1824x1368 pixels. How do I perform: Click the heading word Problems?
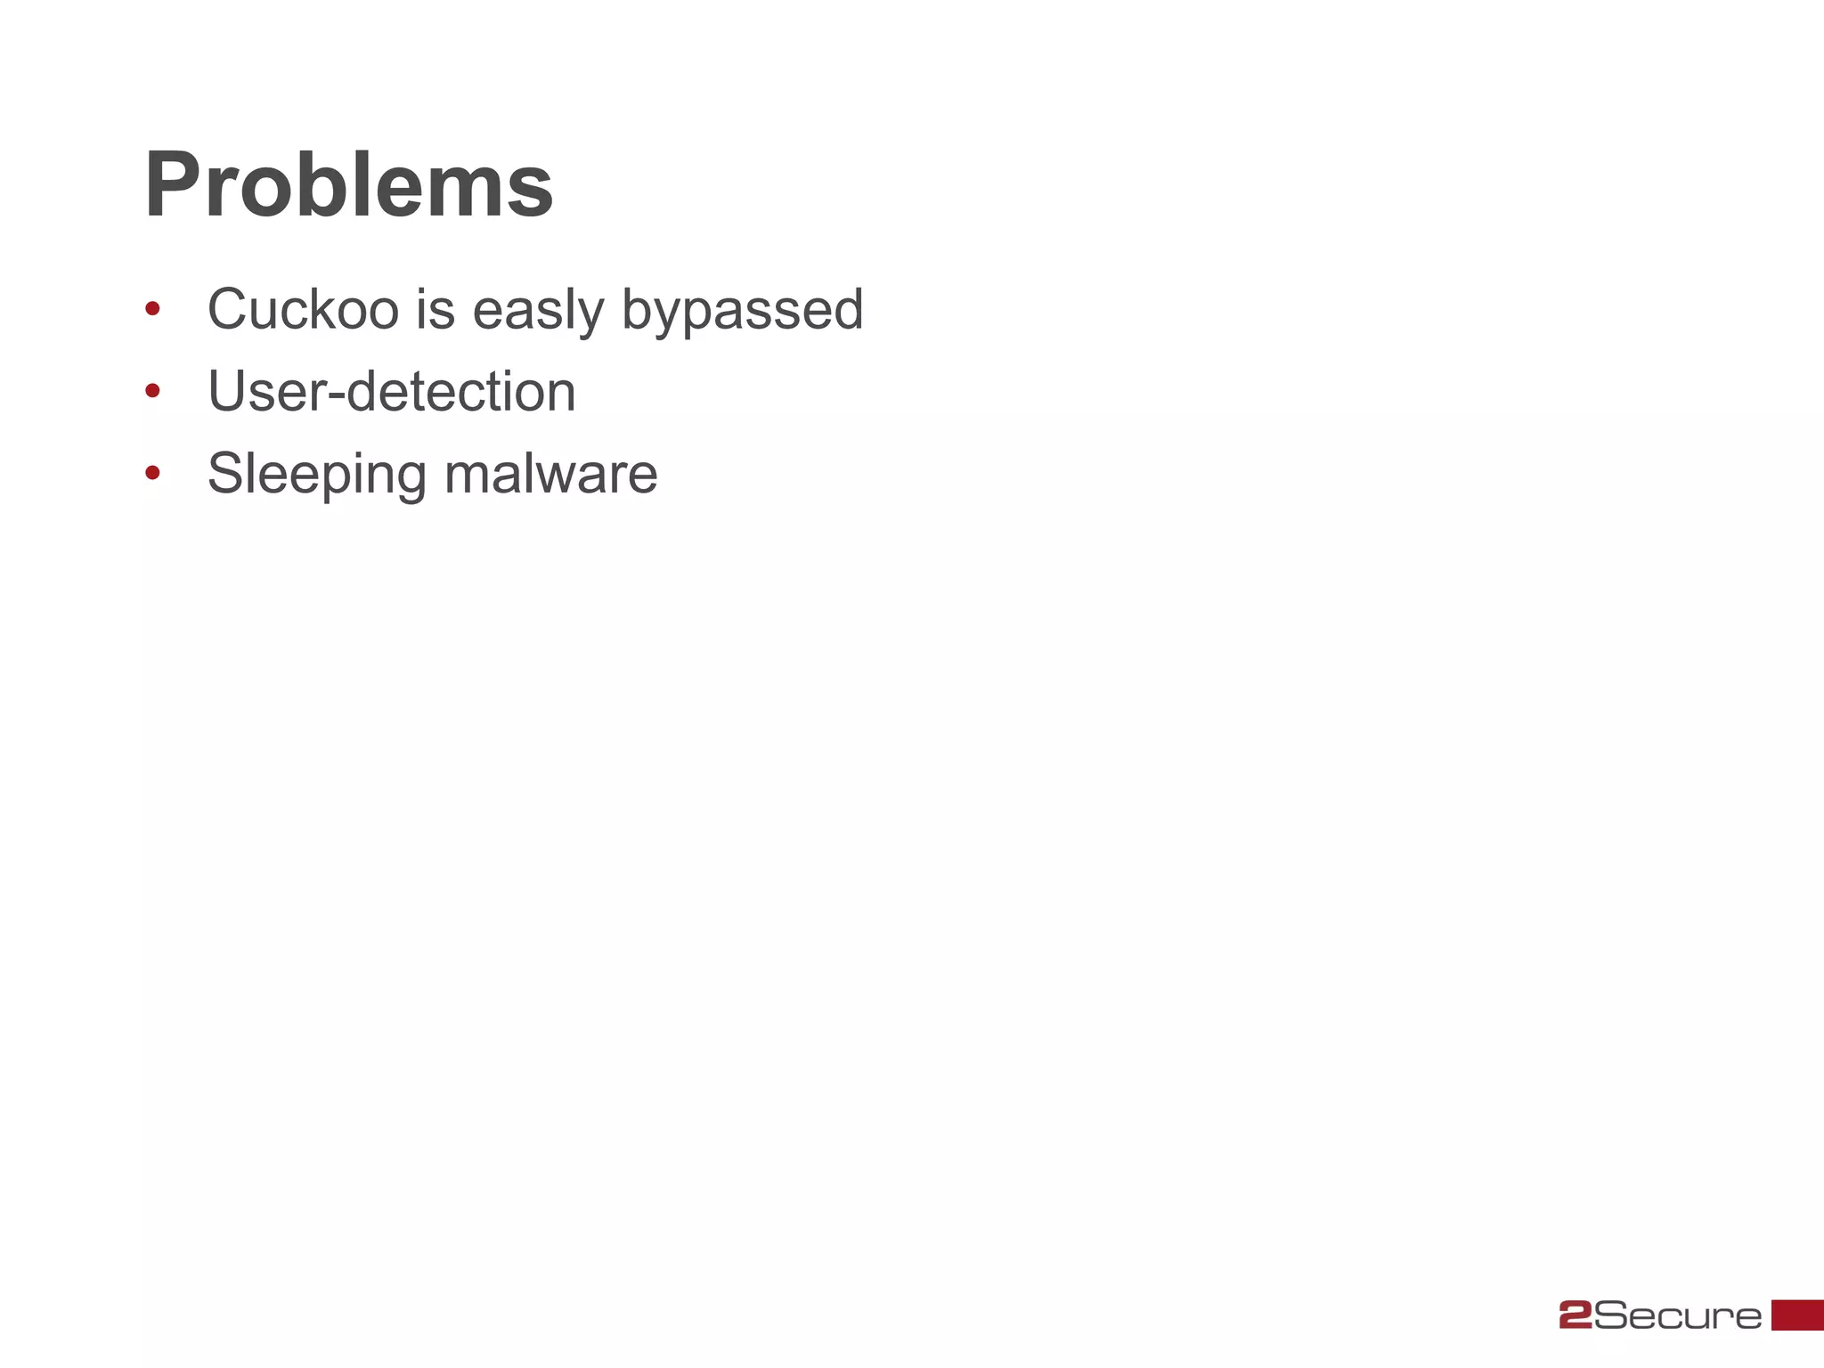(x=348, y=186)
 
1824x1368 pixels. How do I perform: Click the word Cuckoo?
(x=303, y=310)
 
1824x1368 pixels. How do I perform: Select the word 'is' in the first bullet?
(x=435, y=310)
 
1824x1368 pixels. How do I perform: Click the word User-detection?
(x=392, y=392)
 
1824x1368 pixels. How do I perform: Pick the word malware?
(x=550, y=474)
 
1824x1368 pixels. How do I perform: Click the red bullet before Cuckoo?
(x=152, y=309)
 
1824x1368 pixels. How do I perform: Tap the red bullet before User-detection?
(x=152, y=390)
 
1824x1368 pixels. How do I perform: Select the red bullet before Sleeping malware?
(x=152, y=473)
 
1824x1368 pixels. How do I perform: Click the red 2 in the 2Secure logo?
(x=1575, y=1315)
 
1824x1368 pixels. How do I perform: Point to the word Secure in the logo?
(x=1677, y=1315)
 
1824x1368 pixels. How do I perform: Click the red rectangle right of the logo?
(x=1797, y=1315)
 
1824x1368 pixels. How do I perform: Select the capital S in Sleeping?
(x=226, y=473)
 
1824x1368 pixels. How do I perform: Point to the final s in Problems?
(x=532, y=194)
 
